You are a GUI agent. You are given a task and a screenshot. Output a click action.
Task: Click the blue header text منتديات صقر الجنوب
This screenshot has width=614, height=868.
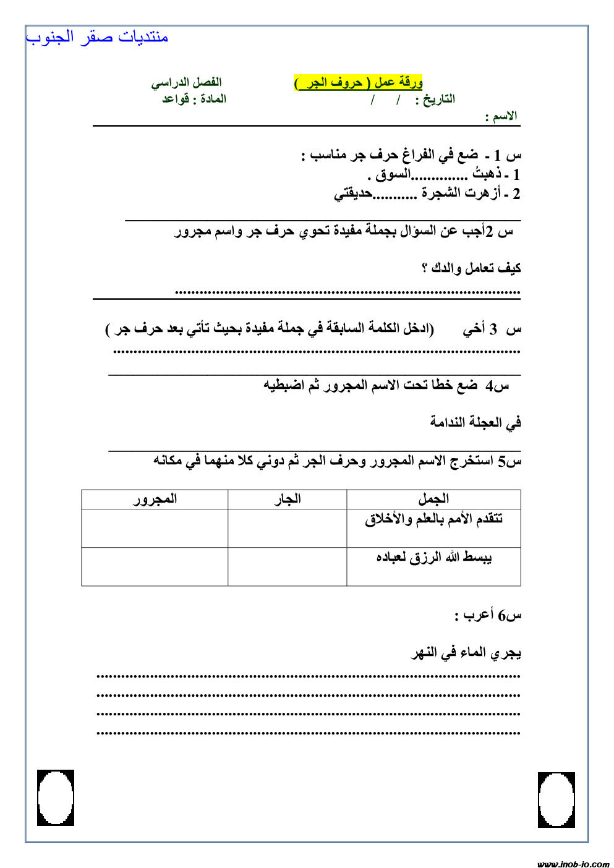(x=97, y=37)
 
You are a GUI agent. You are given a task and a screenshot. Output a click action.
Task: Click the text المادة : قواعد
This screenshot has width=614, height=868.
(x=194, y=99)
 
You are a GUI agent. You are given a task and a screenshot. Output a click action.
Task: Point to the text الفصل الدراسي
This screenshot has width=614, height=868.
(x=186, y=82)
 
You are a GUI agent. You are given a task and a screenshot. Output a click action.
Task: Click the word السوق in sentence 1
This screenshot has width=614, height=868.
(x=393, y=175)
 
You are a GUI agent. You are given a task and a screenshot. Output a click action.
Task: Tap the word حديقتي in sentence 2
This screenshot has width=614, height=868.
(x=353, y=194)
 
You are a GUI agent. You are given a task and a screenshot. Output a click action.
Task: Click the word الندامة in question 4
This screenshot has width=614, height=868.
(x=455, y=423)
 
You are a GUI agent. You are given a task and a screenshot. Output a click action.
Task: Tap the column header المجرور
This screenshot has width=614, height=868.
(x=155, y=499)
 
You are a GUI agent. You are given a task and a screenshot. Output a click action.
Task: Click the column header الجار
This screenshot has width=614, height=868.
(x=288, y=499)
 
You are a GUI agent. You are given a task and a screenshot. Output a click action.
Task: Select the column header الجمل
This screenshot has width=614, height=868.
(x=433, y=499)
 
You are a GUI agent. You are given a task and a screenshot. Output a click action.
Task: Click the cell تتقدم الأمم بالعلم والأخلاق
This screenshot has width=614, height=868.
(x=433, y=519)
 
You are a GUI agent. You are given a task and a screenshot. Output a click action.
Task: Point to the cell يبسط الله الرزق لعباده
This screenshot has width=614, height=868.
(x=433, y=558)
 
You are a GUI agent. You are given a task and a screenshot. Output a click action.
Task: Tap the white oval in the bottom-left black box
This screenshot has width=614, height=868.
(x=56, y=798)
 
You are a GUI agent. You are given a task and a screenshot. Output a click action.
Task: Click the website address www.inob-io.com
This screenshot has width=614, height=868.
(x=573, y=864)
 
